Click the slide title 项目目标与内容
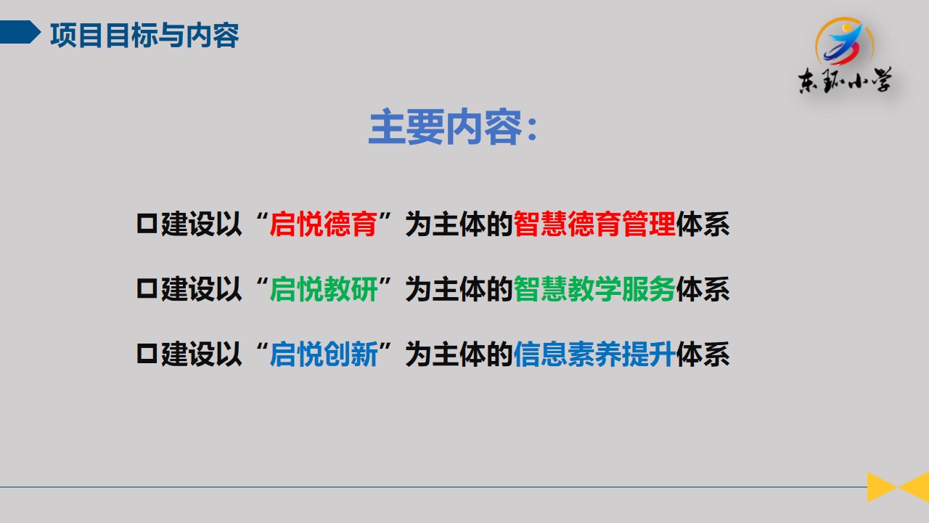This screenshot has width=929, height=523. coord(144,36)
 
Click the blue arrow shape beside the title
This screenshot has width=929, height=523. coord(20,32)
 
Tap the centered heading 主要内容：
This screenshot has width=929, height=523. coord(454,126)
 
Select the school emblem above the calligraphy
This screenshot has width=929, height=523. coord(844,41)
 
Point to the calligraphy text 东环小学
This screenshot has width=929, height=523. coord(845,81)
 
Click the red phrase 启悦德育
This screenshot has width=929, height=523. coord(324,224)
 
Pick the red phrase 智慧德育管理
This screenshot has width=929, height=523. coord(594,224)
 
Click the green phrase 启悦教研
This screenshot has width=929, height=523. coord(324,289)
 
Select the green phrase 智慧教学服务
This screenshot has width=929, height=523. coord(594,289)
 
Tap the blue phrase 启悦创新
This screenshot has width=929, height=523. coord(324,354)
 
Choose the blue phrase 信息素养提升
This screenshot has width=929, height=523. coord(594,354)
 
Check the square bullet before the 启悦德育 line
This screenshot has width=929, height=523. coord(147,224)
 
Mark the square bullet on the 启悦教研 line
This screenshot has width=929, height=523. coord(147,288)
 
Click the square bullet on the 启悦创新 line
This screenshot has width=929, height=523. coord(147,354)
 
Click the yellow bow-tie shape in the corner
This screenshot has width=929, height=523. coord(898,487)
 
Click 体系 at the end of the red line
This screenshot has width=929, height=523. coord(703,224)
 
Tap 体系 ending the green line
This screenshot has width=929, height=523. coord(703,289)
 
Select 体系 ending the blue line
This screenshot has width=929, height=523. coord(703,354)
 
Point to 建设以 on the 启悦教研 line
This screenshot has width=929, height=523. coord(201,289)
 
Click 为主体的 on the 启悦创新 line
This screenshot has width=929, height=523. coord(459,354)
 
